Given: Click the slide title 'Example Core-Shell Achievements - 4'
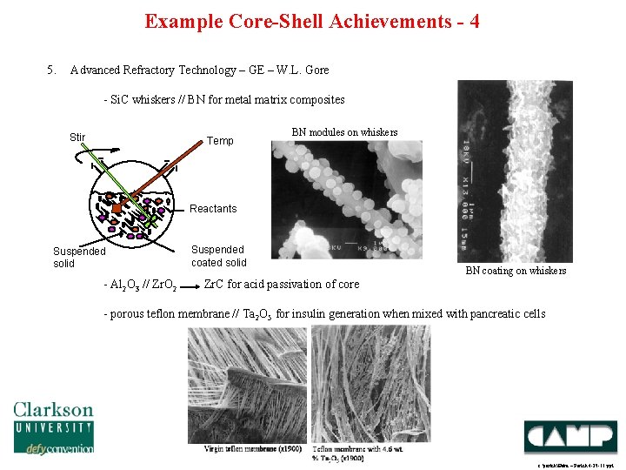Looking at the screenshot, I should pyautogui.click(x=312, y=21).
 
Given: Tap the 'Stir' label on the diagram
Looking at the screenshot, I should pyautogui.click(x=77, y=137).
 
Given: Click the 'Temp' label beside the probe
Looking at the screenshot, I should pyautogui.click(x=220, y=140).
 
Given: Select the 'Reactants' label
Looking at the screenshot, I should pyautogui.click(x=213, y=209).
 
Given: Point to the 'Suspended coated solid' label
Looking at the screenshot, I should pyautogui.click(x=218, y=256).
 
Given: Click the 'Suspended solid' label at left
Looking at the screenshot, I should pyautogui.click(x=79, y=257).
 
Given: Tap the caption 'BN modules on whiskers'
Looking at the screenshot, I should pyautogui.click(x=344, y=132).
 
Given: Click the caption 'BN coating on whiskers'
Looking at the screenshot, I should pyautogui.click(x=516, y=271).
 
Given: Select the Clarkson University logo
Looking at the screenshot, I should pyautogui.click(x=53, y=426).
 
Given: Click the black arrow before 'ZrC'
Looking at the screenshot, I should pyautogui.click(x=190, y=284).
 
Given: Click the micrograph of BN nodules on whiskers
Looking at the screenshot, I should pyautogui.click(x=347, y=200).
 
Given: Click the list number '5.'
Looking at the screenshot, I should pyautogui.click(x=51, y=70).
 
